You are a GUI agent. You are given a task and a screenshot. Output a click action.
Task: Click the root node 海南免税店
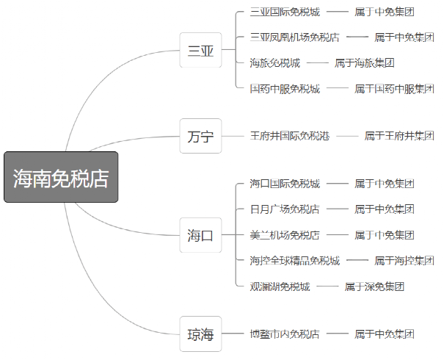pos(61,178)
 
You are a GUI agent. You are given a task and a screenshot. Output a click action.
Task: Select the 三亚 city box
pos(200,51)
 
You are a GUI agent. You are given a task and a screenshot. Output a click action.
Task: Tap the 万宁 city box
pos(200,136)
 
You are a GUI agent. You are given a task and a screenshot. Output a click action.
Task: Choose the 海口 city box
pos(200,235)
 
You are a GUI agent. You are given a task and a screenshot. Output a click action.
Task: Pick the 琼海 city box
pos(200,334)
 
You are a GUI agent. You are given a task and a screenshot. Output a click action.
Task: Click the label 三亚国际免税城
pos(285,12)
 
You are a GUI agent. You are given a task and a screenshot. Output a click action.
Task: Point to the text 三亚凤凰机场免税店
pos(294,37)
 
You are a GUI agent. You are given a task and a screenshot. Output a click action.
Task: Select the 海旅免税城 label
pos(274,63)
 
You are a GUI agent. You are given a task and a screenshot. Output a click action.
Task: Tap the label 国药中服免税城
pos(285,89)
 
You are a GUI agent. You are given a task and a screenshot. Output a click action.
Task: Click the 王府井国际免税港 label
pos(289,136)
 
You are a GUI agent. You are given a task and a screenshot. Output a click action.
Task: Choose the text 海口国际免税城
pos(285,184)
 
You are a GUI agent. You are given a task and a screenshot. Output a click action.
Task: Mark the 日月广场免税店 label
pos(285,209)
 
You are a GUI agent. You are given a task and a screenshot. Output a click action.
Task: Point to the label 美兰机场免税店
pos(285,235)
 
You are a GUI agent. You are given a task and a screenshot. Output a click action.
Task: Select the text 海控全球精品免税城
pos(294,260)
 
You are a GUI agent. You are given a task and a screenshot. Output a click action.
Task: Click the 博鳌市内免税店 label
pos(285,334)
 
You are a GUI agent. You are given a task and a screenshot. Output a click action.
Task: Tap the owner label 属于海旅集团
pos(365,63)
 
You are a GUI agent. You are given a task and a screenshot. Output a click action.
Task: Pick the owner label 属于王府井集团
pos(399,136)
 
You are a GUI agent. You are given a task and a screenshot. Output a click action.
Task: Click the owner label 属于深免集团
pos(374,287)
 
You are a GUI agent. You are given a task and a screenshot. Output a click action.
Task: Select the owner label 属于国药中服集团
pos(394,89)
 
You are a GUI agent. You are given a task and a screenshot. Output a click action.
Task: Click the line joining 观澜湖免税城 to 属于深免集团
pos(327,287)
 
